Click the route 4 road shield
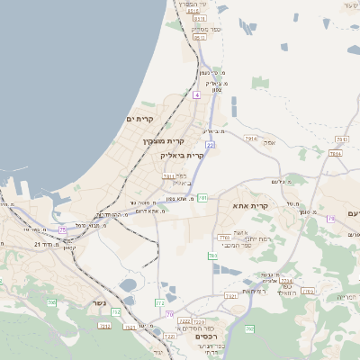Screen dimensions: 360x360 click(196, 94)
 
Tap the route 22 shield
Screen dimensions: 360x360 click(210, 144)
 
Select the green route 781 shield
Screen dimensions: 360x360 click(202, 197)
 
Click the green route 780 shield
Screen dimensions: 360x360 click(222, 238)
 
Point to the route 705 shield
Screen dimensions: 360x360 click(62, 229)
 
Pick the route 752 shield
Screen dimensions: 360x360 click(51, 302)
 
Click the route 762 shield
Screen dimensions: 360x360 click(249, 329)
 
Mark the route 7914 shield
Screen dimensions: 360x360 click(250, 139)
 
